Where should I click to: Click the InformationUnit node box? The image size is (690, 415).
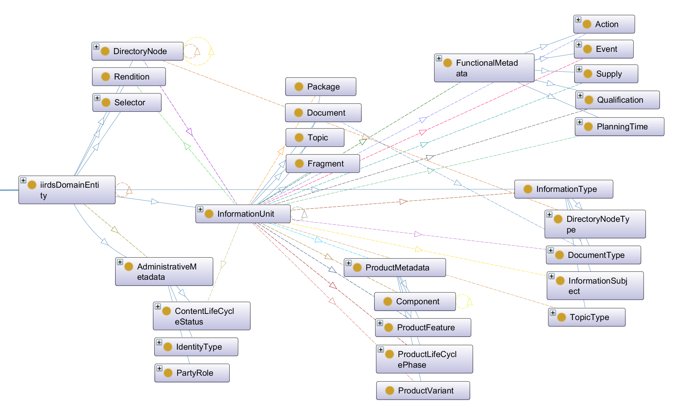point(243,214)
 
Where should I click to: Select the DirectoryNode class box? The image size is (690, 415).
point(138,51)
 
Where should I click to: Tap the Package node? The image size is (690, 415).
point(321,87)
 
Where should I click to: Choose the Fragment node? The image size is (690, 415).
point(323,164)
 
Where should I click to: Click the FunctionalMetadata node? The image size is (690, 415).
point(484,68)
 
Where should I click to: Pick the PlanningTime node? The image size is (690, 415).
point(619,127)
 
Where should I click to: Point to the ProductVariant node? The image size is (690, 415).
point(423,391)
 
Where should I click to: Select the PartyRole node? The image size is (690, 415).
point(192,373)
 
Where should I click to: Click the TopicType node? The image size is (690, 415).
point(587,317)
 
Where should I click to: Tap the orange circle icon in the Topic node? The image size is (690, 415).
point(299,137)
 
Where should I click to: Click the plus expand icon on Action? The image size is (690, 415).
point(578,20)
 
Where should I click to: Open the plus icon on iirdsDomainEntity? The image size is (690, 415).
point(23,180)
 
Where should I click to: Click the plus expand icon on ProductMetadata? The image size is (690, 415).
point(349,263)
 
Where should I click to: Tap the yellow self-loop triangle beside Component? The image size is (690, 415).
point(470,301)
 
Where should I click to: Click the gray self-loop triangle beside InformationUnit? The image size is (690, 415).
point(304,214)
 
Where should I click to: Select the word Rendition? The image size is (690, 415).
point(132,77)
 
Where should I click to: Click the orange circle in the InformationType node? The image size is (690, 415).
point(528,189)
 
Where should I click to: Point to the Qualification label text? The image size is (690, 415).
point(620,100)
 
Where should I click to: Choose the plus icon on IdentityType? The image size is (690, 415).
point(159,342)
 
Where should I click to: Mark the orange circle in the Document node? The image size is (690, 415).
point(299,113)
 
